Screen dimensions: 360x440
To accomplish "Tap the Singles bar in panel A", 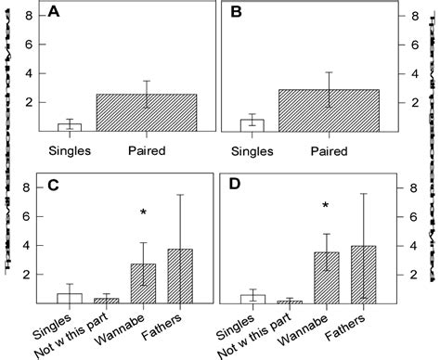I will [x=70, y=127].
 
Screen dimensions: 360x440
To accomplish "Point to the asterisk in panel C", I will [x=143, y=213].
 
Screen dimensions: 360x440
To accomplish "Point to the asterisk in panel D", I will [x=326, y=206].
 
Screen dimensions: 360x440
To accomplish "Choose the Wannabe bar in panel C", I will [x=143, y=284].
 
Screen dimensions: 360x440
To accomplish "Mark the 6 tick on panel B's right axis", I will [x=415, y=44].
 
